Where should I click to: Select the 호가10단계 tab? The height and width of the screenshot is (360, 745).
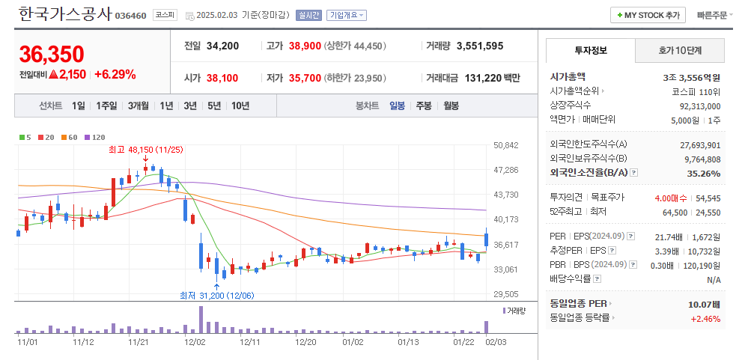[x=680, y=50]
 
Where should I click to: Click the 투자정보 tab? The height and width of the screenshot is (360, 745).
[x=591, y=50]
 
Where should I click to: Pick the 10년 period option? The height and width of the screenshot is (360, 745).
[x=240, y=106]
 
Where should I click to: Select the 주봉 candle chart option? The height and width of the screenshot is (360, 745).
[x=424, y=106]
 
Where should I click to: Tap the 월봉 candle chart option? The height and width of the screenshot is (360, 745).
[x=451, y=106]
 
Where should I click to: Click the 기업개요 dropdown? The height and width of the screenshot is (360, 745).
[x=347, y=15]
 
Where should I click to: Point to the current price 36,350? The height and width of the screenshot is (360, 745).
[x=52, y=54]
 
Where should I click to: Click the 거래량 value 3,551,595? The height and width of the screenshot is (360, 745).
[x=479, y=46]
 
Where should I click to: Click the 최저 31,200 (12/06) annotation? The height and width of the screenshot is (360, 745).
[x=217, y=295]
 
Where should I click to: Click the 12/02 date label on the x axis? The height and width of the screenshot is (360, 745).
[x=195, y=342]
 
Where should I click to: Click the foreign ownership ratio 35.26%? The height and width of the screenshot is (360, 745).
[x=703, y=173]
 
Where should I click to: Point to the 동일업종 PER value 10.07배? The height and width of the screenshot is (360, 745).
[x=704, y=304]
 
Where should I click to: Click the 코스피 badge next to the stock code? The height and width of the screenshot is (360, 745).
[x=165, y=15]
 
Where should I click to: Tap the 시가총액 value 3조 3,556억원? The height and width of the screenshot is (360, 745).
[x=691, y=76]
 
